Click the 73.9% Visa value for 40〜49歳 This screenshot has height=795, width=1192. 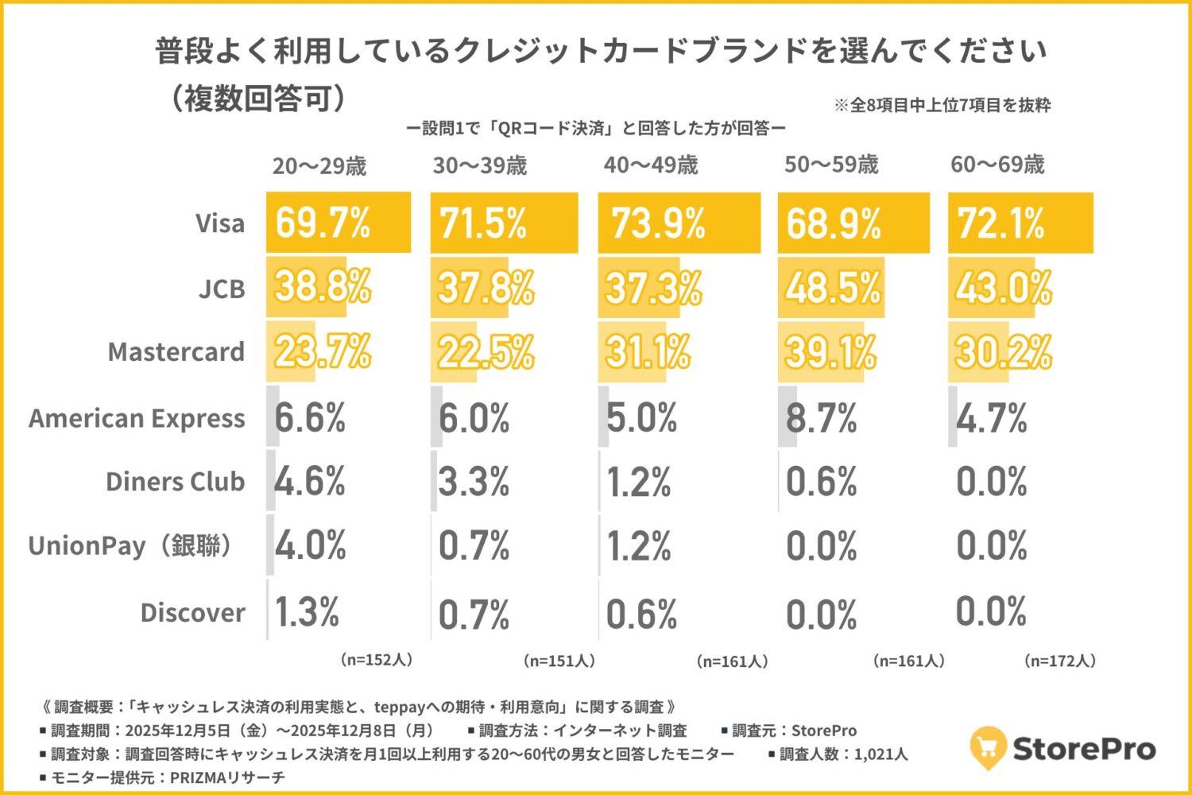[658, 223]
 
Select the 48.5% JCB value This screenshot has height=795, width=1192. [833, 288]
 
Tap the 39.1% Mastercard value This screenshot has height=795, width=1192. [830, 352]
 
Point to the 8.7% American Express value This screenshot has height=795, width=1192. [822, 417]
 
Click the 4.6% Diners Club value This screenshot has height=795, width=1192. [310, 482]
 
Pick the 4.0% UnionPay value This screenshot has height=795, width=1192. [311, 546]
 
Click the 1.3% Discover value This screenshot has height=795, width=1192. [307, 612]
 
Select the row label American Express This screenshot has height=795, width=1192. [137, 418]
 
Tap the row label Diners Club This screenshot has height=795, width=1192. [175, 482]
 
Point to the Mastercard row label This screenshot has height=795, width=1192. [176, 352]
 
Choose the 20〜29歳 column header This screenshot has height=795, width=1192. [319, 166]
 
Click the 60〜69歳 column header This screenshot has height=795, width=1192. [997, 165]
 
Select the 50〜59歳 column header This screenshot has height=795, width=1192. [831, 165]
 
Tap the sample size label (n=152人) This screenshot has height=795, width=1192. [377, 660]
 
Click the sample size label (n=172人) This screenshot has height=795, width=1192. [1060, 661]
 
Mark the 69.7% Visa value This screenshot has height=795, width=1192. [323, 223]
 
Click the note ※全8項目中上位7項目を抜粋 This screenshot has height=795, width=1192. [942, 105]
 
